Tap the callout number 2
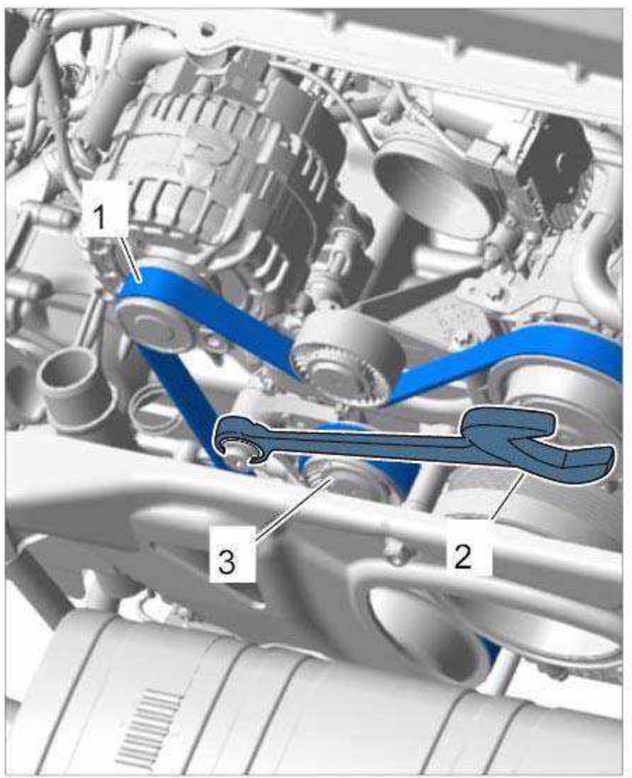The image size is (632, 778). (463, 557)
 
